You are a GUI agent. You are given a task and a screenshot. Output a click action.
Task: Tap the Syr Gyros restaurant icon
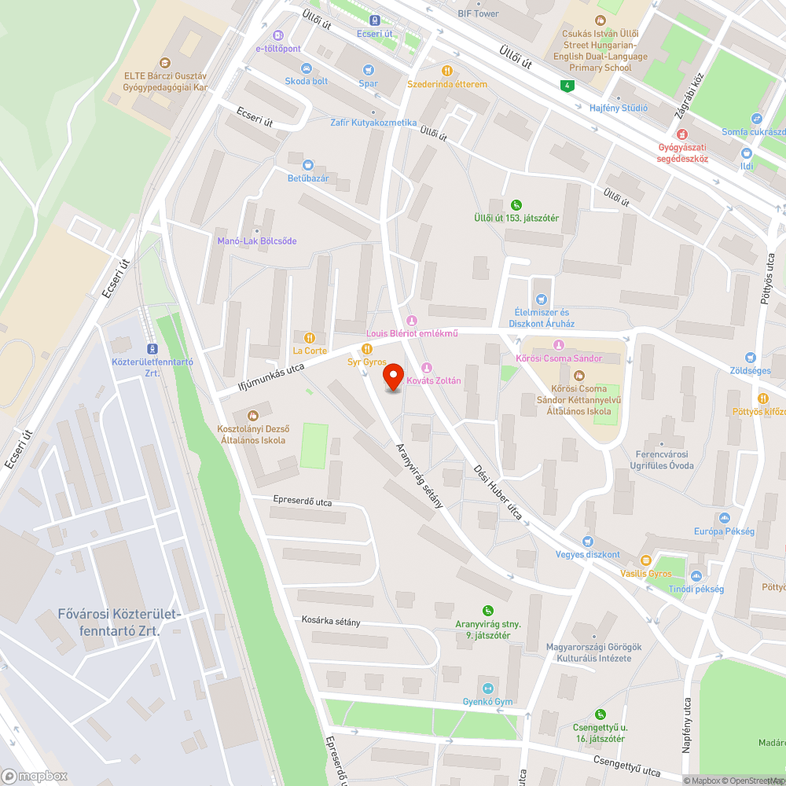pos(366,349)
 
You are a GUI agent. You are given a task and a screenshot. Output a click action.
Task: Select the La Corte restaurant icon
pos(310,338)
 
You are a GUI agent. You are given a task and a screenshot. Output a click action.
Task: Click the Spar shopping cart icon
pos(368,70)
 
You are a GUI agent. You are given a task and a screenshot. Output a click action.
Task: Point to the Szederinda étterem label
pos(447,84)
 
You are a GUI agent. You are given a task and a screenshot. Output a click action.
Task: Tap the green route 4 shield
pos(566,85)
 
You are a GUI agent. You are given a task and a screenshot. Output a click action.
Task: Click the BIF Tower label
pos(478,13)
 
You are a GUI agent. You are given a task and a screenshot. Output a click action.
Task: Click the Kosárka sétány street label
pos(331,622)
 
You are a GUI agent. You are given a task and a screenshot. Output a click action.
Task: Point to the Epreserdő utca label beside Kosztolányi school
pos(303,501)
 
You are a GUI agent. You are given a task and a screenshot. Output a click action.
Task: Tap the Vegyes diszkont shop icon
pos(587,542)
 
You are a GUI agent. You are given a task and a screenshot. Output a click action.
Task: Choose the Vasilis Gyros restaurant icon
pos(645,560)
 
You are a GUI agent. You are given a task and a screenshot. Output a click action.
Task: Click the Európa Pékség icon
pos(724,518)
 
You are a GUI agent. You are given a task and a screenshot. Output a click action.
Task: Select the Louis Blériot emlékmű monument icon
pos(411,321)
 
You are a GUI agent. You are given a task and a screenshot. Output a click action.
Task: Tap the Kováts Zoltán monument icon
pos(427,368)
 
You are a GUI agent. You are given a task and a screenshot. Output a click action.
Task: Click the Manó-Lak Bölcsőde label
pos(257,241)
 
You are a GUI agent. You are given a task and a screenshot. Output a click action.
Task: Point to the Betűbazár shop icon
pos(307,165)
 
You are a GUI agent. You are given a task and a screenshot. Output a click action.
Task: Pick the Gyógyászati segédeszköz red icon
pos(682,134)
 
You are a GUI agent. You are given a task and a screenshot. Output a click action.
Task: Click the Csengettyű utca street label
pos(626,766)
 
